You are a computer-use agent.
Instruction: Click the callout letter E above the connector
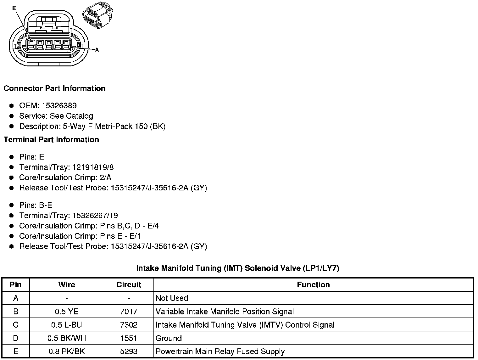click(14, 8)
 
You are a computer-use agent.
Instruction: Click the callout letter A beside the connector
click(97, 49)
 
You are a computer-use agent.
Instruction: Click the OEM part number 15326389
click(59, 106)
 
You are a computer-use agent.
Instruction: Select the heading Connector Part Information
click(54, 88)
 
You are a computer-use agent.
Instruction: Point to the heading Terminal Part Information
click(51, 140)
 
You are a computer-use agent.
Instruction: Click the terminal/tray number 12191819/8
click(93, 167)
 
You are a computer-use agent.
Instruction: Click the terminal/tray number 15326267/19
click(95, 216)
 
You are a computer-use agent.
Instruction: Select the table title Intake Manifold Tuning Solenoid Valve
click(237, 268)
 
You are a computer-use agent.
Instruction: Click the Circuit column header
click(129, 285)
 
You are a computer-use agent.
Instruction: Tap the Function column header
click(313, 285)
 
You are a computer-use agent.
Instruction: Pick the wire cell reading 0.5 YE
click(67, 312)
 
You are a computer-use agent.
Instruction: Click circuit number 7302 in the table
click(129, 325)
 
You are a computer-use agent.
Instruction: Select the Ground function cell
click(169, 338)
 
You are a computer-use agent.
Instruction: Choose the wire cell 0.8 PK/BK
click(67, 352)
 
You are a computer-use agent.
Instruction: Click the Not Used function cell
click(172, 298)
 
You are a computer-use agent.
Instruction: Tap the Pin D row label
click(16, 338)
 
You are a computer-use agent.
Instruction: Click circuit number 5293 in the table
click(129, 352)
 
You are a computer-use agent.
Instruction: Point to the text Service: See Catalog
click(56, 116)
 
